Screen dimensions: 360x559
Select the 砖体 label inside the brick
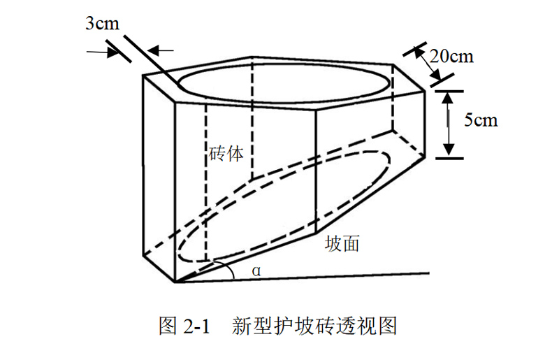tap(226, 154)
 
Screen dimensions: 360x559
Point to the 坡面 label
tap(342, 244)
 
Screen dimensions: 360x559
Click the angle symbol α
tap(256, 271)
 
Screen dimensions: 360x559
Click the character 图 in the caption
tap(168, 325)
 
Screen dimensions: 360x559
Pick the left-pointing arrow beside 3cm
tap(162, 50)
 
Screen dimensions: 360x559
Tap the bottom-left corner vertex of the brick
tap(175, 283)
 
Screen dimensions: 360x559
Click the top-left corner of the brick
tap(143, 75)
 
